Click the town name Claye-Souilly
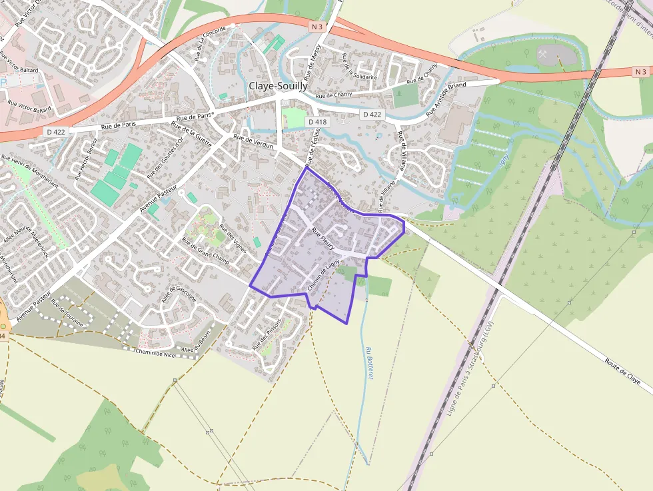(x=278, y=86)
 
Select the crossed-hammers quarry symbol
(x=545, y=53)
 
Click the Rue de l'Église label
(x=313, y=147)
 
